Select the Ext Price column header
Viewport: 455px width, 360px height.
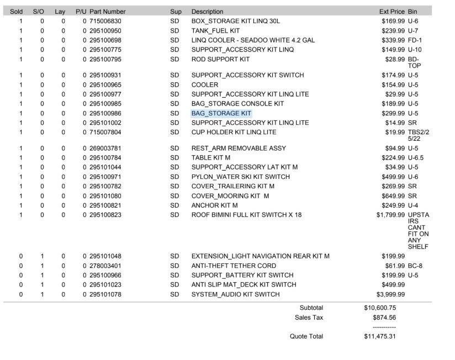point(391,12)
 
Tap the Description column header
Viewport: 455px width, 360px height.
point(207,12)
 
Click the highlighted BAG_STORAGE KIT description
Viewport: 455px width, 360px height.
point(221,113)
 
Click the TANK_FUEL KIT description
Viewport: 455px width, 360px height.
point(215,30)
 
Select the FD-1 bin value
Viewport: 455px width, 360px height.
point(415,40)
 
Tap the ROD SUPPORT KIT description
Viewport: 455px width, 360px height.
point(220,59)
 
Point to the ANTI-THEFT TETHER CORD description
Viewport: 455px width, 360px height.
point(234,266)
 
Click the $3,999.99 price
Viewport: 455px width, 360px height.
point(390,294)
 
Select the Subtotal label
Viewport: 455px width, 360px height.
point(311,308)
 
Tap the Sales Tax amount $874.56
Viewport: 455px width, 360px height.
point(384,317)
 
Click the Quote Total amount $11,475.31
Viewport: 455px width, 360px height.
point(380,336)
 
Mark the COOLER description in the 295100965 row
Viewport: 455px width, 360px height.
point(204,85)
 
